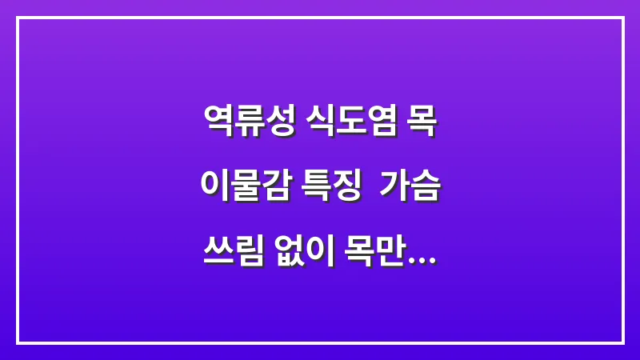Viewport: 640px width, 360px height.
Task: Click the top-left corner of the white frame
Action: (x=18, y=18)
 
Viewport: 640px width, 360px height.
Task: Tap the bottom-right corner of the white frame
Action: (x=622, y=342)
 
